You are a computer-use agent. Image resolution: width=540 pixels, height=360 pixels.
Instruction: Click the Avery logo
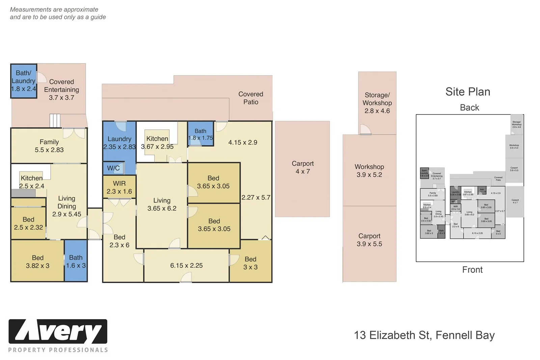click(x=58, y=332)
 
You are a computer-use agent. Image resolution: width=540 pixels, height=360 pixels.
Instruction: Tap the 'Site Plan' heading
click(x=467, y=92)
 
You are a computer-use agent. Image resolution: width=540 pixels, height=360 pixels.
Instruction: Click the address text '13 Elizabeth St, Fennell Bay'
click(x=424, y=335)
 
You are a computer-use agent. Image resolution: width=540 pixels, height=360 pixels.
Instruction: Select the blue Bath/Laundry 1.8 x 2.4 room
click(x=24, y=81)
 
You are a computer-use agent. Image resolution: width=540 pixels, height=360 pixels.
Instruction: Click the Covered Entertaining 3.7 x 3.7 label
click(x=61, y=89)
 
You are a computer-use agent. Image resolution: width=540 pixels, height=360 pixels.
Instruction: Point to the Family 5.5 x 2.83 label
click(x=49, y=146)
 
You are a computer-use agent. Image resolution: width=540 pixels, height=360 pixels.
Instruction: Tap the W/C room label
click(x=113, y=168)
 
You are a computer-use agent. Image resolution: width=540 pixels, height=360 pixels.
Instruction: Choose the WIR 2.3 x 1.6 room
click(x=119, y=187)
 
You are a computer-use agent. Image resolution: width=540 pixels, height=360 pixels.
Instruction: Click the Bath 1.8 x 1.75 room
click(x=200, y=134)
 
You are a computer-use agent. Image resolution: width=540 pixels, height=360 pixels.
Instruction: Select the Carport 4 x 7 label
click(x=303, y=168)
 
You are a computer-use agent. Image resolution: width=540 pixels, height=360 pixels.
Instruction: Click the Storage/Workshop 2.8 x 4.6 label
click(x=377, y=103)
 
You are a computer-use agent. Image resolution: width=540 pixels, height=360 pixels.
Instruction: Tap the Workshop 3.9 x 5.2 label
click(x=369, y=171)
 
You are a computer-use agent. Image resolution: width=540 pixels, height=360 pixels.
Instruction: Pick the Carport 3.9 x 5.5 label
click(x=369, y=240)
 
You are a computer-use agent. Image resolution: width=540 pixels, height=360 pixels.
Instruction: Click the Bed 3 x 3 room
click(x=250, y=263)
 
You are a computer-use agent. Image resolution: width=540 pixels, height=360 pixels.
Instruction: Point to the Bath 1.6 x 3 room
click(x=76, y=261)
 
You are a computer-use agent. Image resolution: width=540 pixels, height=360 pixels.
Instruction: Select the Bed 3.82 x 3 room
click(x=37, y=261)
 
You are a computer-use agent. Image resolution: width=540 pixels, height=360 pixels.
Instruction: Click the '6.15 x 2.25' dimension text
click(x=186, y=265)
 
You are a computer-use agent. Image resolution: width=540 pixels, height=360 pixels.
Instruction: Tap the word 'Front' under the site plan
click(x=472, y=269)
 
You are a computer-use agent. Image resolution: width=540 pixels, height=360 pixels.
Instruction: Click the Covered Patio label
click(x=251, y=98)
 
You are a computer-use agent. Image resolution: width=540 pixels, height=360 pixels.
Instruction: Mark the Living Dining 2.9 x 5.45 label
click(x=66, y=206)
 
